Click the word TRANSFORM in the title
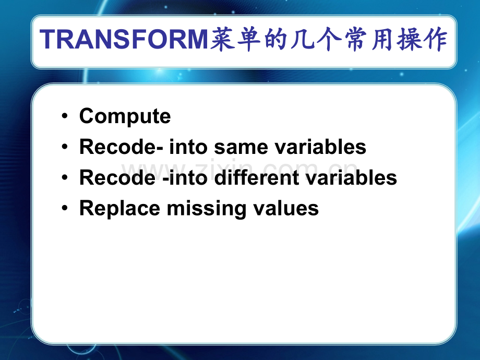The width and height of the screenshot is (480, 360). click(124, 39)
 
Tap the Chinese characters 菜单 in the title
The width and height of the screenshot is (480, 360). click(235, 39)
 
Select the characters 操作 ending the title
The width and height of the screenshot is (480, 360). click(422, 39)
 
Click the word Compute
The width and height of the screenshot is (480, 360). click(125, 117)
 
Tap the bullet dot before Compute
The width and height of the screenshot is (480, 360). click(64, 116)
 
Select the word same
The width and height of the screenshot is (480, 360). click(241, 148)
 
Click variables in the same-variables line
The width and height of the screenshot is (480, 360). click(320, 147)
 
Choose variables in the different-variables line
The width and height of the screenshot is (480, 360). click(352, 177)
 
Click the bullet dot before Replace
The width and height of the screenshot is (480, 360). click(64, 208)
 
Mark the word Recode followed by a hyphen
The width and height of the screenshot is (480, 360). click(117, 147)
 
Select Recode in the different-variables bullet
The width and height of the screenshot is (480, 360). click(117, 177)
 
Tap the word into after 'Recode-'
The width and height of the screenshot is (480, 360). click(188, 147)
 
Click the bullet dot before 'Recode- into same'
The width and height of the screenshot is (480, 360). click(64, 147)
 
